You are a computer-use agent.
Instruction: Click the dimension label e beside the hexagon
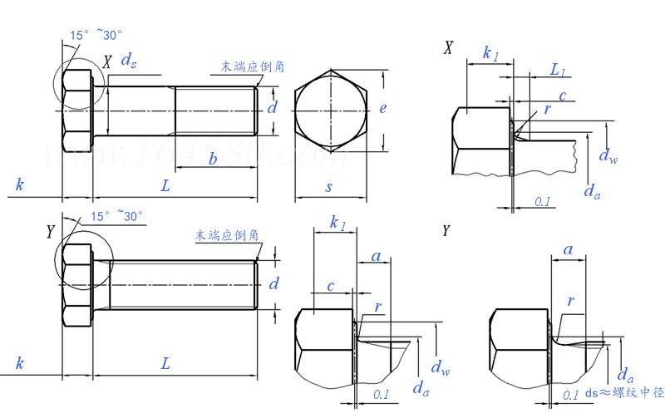(383, 108)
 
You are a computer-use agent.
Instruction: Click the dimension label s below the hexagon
(329, 187)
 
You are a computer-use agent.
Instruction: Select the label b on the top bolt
(213, 159)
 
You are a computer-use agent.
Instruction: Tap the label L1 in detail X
(558, 71)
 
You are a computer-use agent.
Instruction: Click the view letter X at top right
(449, 48)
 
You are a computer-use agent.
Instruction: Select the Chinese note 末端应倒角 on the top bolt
(252, 66)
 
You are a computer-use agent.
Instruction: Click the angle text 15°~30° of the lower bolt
(116, 216)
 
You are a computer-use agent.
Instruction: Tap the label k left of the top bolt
(19, 184)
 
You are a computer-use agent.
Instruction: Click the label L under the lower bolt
(166, 363)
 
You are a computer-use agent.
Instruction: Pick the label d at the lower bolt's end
(273, 284)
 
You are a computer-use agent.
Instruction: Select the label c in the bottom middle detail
(330, 286)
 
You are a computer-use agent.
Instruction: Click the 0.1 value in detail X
(542, 201)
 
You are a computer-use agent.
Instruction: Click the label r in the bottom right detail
(570, 301)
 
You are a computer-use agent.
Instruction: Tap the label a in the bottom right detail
(568, 248)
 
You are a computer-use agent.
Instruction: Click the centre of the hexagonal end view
(331, 109)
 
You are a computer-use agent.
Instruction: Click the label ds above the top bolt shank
(129, 60)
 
